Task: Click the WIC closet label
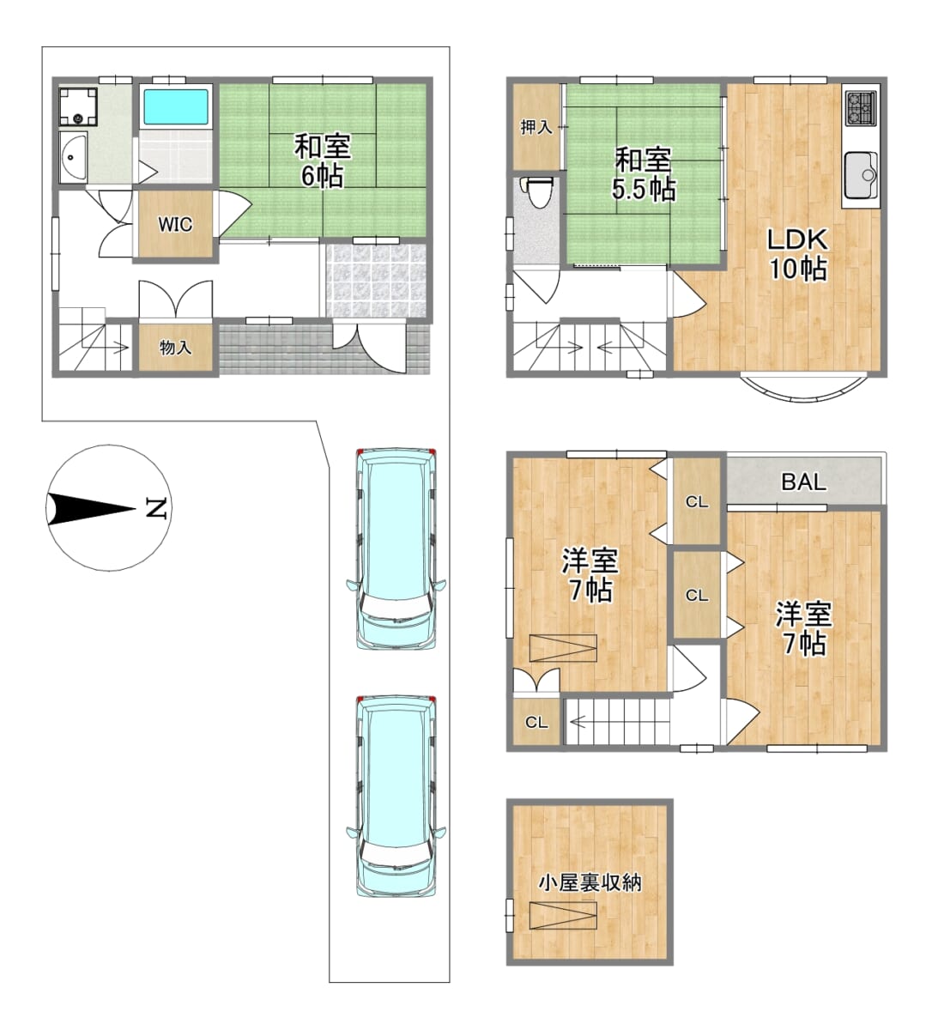[175, 224]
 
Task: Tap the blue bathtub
[176, 107]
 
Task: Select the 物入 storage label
[176, 347]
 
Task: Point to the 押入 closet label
[536, 127]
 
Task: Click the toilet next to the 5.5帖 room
[537, 191]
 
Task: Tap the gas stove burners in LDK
[861, 108]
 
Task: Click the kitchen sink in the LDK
[861, 175]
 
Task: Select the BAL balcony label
[804, 482]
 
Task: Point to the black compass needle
[91, 509]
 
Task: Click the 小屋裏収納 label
[590, 882]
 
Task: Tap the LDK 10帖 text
[797, 255]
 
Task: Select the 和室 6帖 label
[323, 161]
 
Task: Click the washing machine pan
[78, 106]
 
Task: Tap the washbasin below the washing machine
[73, 156]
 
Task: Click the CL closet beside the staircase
[536, 723]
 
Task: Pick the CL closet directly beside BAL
[696, 500]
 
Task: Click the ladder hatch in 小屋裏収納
[563, 916]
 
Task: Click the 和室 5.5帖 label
[643, 174]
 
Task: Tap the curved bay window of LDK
[805, 391]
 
